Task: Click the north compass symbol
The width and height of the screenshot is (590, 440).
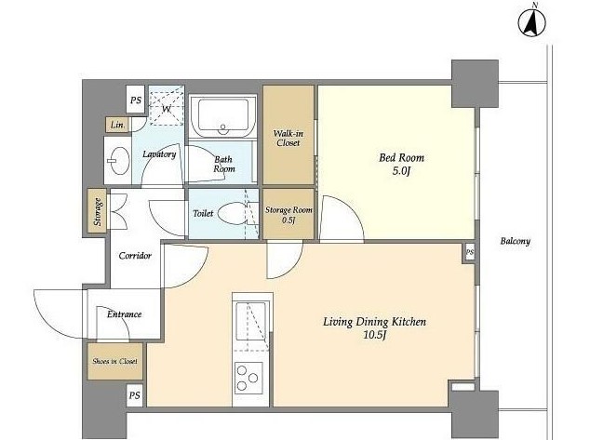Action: point(531,21)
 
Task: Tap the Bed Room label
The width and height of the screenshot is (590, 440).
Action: point(401,157)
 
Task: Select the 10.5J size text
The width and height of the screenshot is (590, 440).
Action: point(375,335)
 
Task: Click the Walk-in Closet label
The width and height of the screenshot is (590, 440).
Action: point(288,138)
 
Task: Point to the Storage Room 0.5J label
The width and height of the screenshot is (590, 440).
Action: point(288,214)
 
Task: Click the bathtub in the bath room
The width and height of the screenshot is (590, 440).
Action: point(223,116)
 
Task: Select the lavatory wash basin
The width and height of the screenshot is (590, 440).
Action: point(117,161)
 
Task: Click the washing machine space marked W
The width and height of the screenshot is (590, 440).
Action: point(167,106)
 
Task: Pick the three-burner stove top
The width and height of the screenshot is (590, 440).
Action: point(248,378)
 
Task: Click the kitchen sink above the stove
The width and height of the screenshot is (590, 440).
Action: point(250,321)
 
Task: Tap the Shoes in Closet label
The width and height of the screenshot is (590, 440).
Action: point(114,361)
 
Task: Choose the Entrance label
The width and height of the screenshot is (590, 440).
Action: point(124,314)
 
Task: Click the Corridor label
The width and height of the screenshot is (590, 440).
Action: point(135,256)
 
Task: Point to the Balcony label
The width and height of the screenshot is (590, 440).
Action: point(516,241)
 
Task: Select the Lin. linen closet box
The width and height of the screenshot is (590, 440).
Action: point(117,125)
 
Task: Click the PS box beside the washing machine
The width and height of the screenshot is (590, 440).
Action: point(136,100)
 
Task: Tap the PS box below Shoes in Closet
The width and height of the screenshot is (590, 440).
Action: point(135,395)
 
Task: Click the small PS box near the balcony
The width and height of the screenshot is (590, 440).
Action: point(469,253)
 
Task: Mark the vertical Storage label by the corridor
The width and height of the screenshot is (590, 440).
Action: point(98,212)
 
